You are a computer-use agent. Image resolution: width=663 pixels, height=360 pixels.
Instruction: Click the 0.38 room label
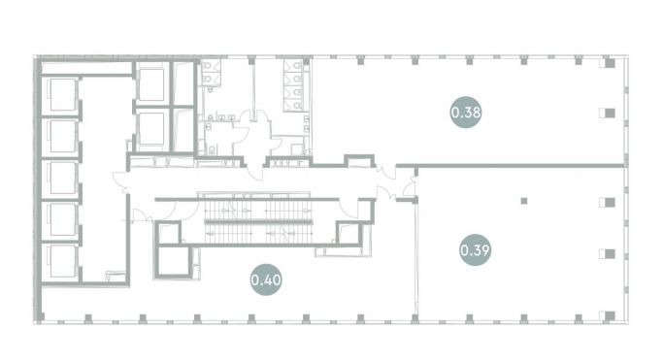(465, 112)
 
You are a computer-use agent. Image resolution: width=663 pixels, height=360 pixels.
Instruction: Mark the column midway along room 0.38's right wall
(609, 113)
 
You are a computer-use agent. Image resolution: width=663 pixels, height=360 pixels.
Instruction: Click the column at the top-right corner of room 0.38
(609, 64)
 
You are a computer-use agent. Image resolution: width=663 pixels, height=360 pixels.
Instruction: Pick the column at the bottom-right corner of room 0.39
(609, 311)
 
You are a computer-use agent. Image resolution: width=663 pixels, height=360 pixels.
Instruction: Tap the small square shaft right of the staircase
(348, 232)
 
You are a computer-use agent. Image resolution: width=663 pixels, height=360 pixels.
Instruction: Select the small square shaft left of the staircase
(168, 233)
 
